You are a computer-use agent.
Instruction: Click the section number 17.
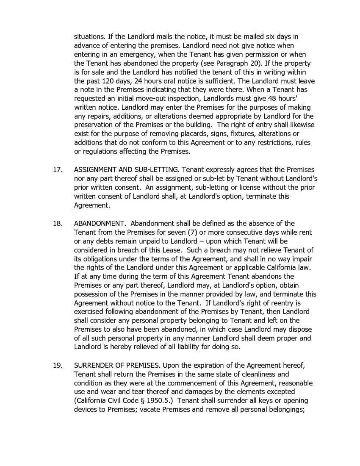(x=58, y=169)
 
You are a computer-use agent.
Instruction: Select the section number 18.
(x=58, y=223)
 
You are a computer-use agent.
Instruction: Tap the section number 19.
(x=58, y=365)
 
